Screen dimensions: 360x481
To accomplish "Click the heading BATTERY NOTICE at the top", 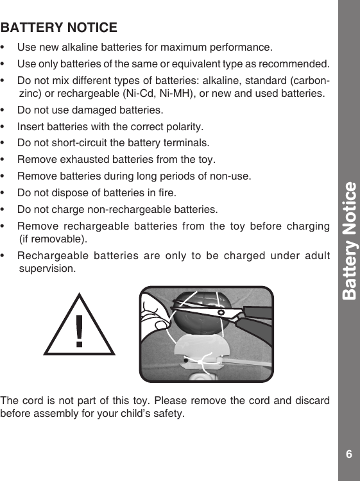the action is pos(59,28).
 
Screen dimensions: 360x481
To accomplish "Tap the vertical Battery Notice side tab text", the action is pos(349,240).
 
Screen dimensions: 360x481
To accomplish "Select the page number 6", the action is pos(348,455).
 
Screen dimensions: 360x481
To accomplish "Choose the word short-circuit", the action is pos(85,142).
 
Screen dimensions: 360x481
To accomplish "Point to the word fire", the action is pos(165,192).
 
